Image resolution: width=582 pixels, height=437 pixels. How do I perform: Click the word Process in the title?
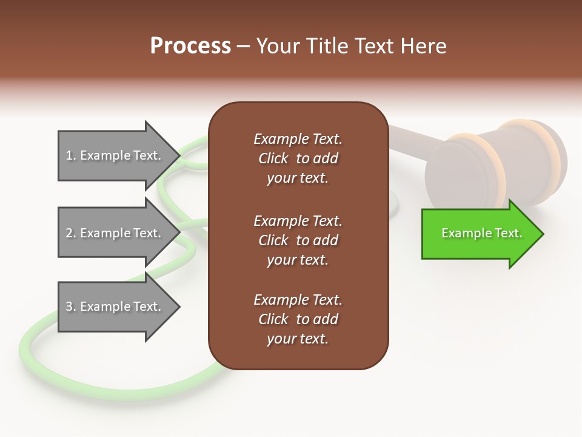pos(190,46)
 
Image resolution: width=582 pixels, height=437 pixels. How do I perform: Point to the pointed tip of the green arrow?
pos(542,234)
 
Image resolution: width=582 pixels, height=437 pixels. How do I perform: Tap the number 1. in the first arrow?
pos(71,155)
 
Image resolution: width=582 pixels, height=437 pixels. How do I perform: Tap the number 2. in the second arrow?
pos(71,233)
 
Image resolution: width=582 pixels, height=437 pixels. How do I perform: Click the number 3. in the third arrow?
pos(71,307)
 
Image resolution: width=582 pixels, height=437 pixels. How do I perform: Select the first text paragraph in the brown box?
pos(298,158)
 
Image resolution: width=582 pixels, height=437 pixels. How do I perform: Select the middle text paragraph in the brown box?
pos(298,240)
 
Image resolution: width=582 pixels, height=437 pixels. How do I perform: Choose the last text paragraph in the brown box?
pos(298,319)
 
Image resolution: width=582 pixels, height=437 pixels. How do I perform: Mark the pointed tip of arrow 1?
pos(179,155)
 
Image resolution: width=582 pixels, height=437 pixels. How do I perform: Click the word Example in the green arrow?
pos(462,233)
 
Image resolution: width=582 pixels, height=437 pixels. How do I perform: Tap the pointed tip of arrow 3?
pos(179,307)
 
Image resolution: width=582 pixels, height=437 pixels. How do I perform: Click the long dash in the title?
pos(244,46)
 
